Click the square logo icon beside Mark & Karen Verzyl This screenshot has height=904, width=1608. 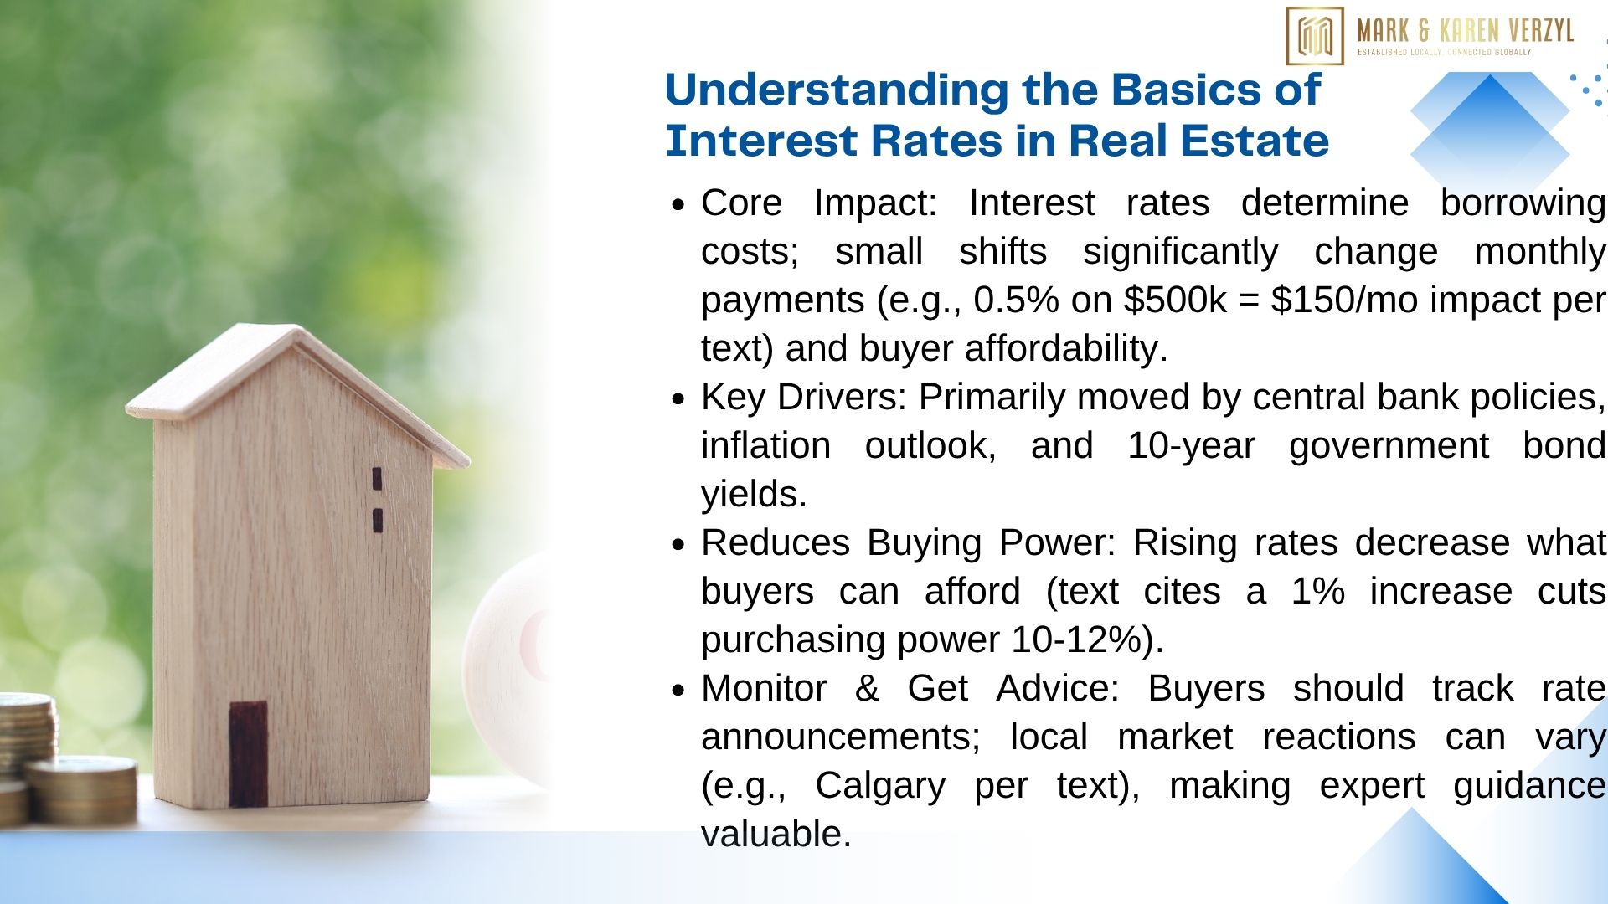point(1315,36)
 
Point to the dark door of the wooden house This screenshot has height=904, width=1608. point(249,754)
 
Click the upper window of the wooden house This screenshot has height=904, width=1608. point(377,479)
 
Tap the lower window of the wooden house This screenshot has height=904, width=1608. point(378,521)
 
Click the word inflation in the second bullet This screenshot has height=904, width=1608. point(765,446)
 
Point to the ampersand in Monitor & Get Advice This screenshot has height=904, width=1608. point(867,689)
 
